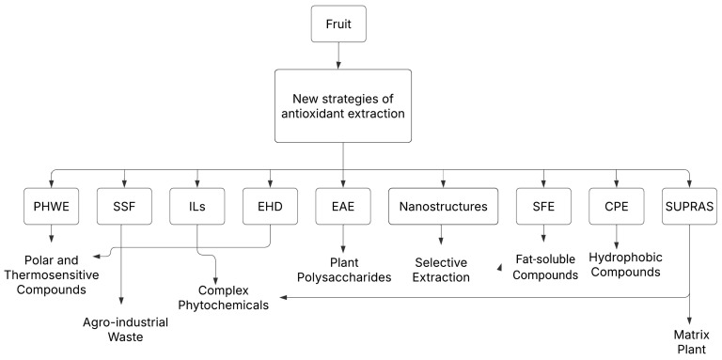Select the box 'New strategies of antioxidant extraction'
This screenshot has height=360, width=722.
(343, 105)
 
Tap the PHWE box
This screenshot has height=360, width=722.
(49, 206)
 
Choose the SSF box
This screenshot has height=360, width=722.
(123, 206)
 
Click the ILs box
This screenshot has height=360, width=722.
(197, 206)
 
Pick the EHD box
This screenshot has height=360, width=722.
(271, 206)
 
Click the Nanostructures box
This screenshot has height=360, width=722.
(444, 206)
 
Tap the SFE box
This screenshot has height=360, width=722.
(543, 206)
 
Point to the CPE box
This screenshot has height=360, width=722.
(617, 206)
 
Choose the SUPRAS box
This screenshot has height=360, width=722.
(690, 206)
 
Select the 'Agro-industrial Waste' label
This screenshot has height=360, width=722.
(123, 329)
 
